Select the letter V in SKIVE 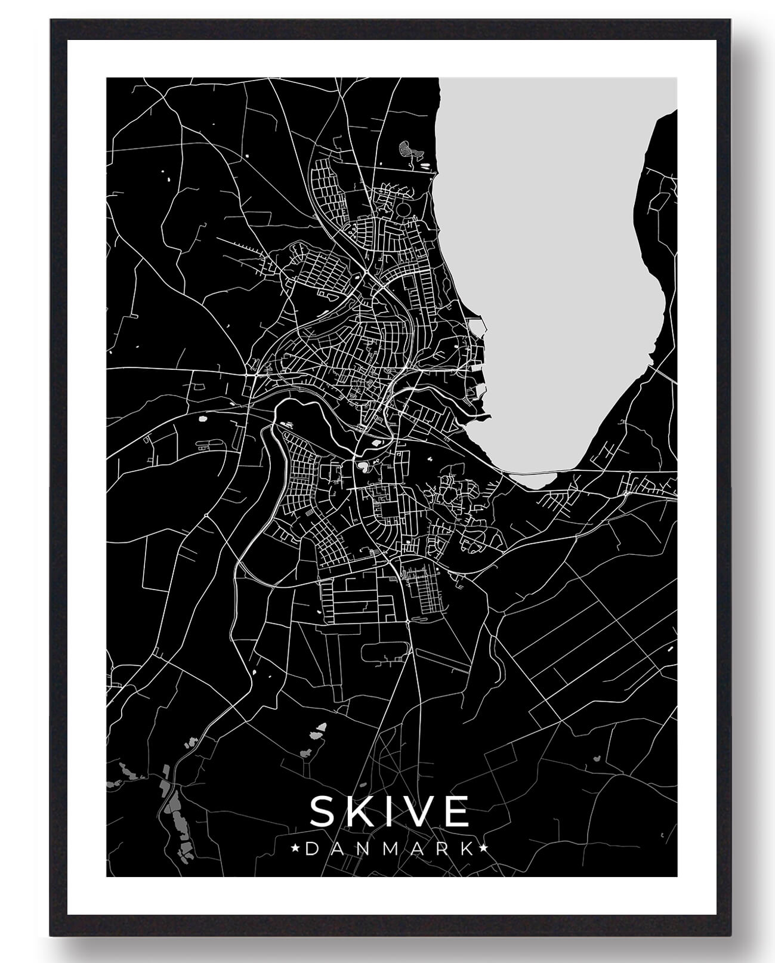point(418,811)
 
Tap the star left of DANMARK point(295,848)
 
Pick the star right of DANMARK point(484,848)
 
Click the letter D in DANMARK point(310,849)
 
